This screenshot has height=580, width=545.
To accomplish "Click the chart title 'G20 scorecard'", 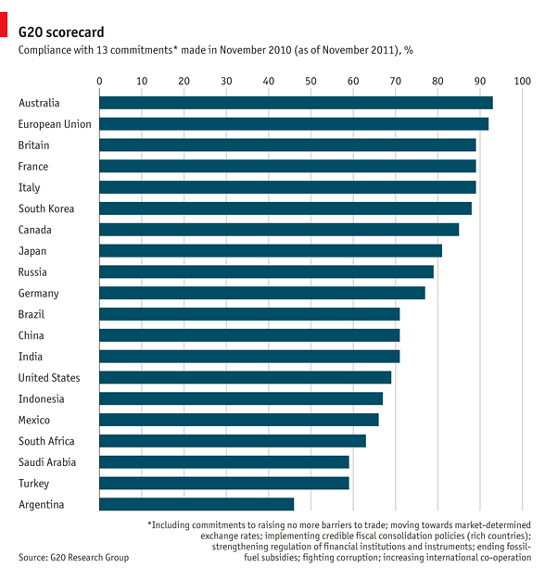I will tap(61, 31).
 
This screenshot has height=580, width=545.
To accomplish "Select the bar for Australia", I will tap(296, 103).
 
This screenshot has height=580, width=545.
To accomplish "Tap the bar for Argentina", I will tap(196, 504).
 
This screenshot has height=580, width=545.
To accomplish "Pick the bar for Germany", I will tap(262, 293).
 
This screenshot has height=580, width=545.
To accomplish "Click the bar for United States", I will tap(246, 377).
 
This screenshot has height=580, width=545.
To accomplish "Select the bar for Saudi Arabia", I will tap(224, 461).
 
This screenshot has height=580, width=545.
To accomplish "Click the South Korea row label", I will tap(46, 208).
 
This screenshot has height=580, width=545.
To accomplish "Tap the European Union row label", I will tap(55, 123).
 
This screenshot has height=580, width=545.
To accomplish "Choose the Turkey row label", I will tap(34, 483).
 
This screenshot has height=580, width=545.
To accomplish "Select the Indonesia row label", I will tap(42, 398).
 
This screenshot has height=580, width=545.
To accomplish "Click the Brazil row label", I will tap(32, 314).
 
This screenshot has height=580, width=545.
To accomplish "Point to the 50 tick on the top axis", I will tap(311, 82).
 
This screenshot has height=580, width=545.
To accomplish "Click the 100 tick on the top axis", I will tap(521, 82).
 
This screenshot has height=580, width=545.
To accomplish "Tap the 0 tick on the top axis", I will tap(100, 82).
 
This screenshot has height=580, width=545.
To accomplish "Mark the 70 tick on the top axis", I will tap(395, 82).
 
